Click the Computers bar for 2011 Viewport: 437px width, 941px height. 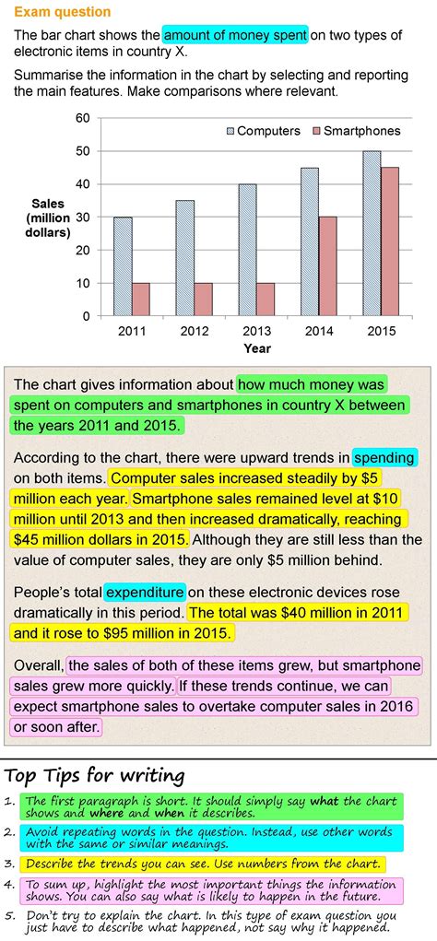coord(123,266)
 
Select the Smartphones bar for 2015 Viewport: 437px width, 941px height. coord(390,241)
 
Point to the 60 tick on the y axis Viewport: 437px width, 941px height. coord(83,118)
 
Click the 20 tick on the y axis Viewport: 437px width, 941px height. coord(83,251)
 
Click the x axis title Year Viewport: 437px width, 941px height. coord(257,349)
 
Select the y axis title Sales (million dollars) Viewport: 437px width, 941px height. coord(48,218)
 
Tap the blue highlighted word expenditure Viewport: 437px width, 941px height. coord(145,592)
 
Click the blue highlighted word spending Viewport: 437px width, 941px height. coord(384,456)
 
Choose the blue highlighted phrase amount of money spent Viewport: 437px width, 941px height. coord(235,35)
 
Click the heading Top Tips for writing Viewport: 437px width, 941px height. coord(95,775)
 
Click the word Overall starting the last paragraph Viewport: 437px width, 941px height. coord(39,665)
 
